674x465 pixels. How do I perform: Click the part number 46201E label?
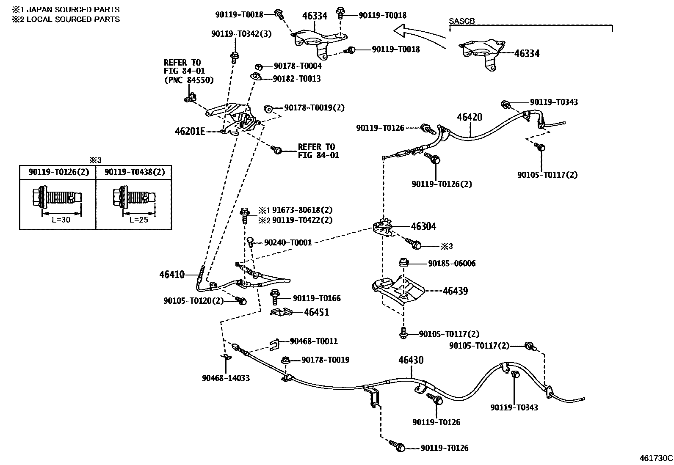click(x=190, y=132)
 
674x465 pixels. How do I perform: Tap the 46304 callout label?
click(x=423, y=226)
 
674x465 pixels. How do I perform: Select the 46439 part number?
click(x=455, y=291)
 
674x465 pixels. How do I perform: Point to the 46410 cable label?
click(x=172, y=274)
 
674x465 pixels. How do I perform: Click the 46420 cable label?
click(x=470, y=117)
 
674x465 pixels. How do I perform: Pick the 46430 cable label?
click(x=411, y=360)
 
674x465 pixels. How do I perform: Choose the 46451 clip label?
click(x=317, y=312)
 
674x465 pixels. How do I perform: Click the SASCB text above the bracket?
click(x=461, y=21)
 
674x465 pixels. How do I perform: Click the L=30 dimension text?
click(x=61, y=220)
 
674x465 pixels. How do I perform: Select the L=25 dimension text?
click(x=139, y=220)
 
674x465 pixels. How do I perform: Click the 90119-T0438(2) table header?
click(x=135, y=172)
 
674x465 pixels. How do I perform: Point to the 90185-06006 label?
click(x=452, y=264)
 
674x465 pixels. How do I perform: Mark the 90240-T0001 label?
click(x=288, y=242)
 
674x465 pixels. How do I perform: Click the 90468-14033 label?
click(x=226, y=378)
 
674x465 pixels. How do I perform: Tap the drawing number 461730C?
click(x=656, y=458)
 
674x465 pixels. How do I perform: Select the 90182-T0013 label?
click(x=297, y=79)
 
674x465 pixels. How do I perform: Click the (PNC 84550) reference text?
click(x=189, y=80)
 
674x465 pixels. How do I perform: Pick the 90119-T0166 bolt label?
click(x=317, y=298)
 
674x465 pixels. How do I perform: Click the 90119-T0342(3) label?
click(x=241, y=34)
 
